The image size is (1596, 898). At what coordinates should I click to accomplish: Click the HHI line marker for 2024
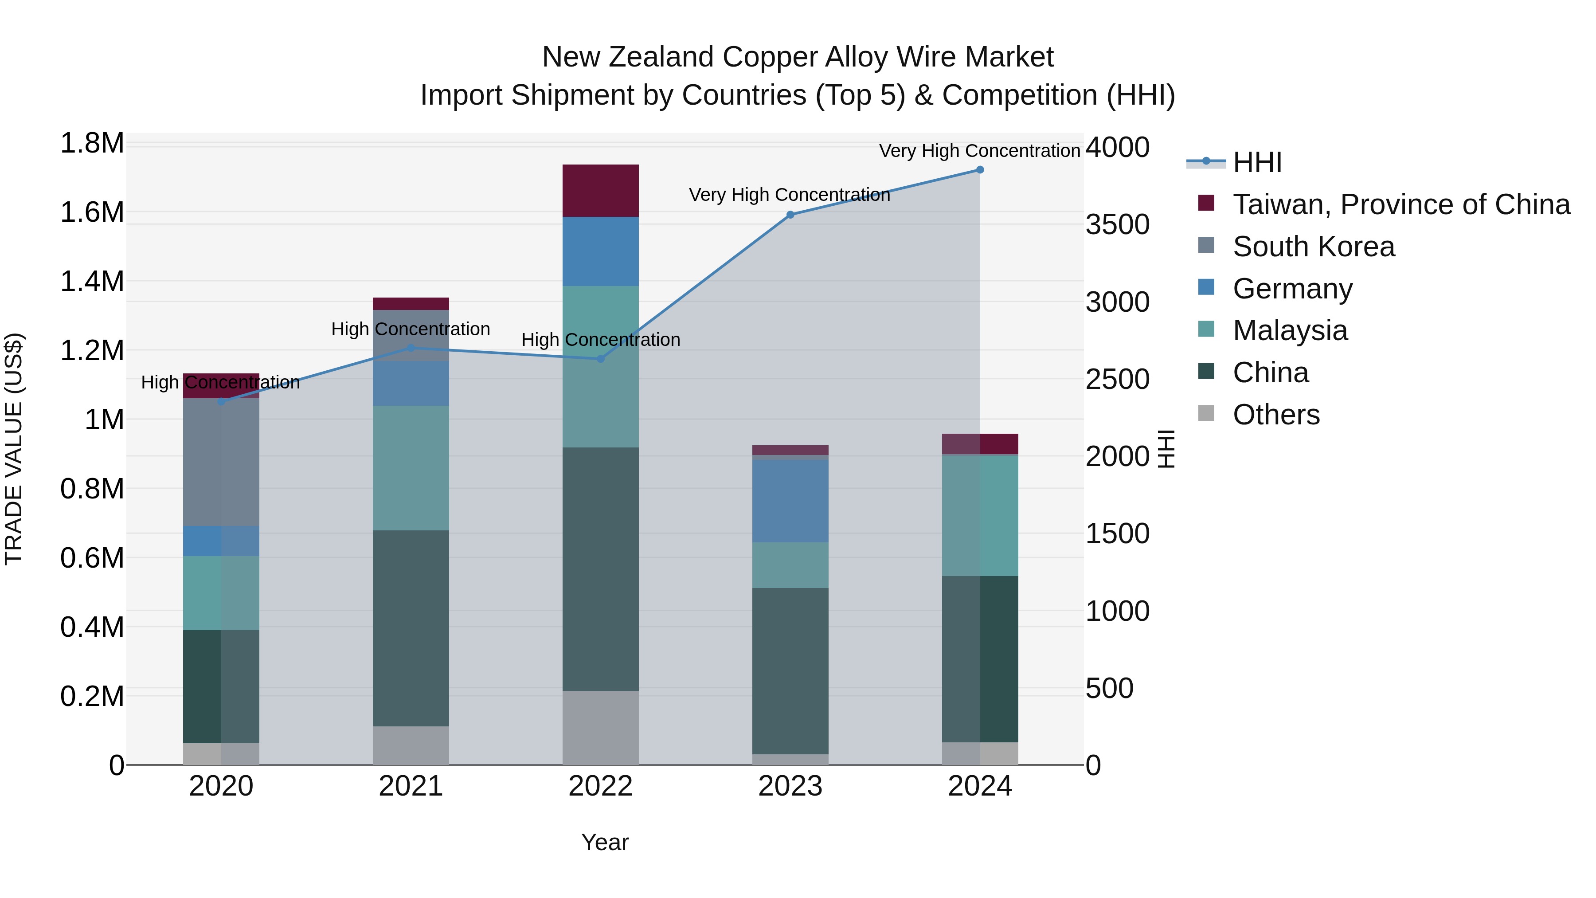click(x=979, y=170)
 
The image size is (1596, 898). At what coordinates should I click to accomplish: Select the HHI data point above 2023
click(x=790, y=215)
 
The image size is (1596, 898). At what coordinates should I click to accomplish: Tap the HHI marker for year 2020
click(x=221, y=402)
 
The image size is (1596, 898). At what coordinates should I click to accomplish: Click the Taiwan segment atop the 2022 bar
click(x=600, y=191)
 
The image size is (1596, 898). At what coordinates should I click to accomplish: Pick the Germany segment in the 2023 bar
click(x=790, y=501)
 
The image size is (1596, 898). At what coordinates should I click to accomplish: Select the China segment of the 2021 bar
click(x=411, y=628)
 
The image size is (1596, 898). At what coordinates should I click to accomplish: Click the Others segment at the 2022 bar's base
click(x=600, y=728)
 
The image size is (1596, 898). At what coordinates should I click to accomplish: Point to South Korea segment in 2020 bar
click(x=221, y=463)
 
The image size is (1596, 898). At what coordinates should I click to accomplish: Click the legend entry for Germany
click(x=1292, y=289)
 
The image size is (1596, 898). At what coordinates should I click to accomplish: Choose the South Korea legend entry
click(x=1314, y=247)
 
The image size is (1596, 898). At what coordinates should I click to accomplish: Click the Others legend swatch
click(x=1206, y=413)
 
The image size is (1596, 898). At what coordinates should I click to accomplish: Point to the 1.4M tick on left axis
click(x=92, y=281)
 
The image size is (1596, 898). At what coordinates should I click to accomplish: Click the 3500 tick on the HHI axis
click(x=1118, y=224)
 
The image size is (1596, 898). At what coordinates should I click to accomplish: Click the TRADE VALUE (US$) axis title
click(x=14, y=449)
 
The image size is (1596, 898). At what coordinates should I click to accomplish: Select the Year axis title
click(x=605, y=842)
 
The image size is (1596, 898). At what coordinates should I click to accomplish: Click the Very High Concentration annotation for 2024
click(x=979, y=151)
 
